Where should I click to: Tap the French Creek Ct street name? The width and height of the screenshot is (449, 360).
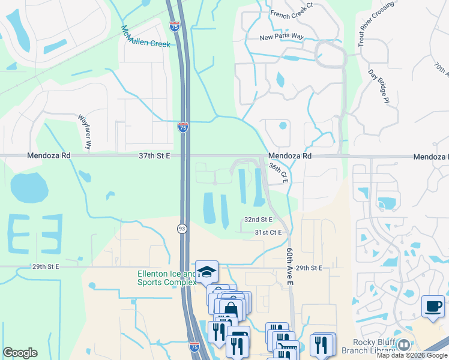291,13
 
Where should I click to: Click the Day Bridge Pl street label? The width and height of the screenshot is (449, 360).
379,86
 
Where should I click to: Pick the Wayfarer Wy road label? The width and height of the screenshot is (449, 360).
84,132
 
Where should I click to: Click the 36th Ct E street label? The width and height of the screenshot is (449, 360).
280,173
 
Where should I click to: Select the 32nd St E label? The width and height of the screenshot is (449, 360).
258,220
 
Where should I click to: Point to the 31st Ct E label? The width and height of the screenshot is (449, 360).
268,232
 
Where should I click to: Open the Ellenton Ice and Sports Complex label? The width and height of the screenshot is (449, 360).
167,278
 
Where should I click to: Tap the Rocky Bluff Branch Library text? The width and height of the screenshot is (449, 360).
366,346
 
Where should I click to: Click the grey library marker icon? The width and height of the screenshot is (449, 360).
403,345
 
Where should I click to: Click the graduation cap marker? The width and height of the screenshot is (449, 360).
206,271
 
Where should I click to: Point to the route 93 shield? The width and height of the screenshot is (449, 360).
181,229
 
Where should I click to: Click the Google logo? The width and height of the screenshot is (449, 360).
20,353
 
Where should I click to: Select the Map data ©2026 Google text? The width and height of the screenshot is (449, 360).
412,355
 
